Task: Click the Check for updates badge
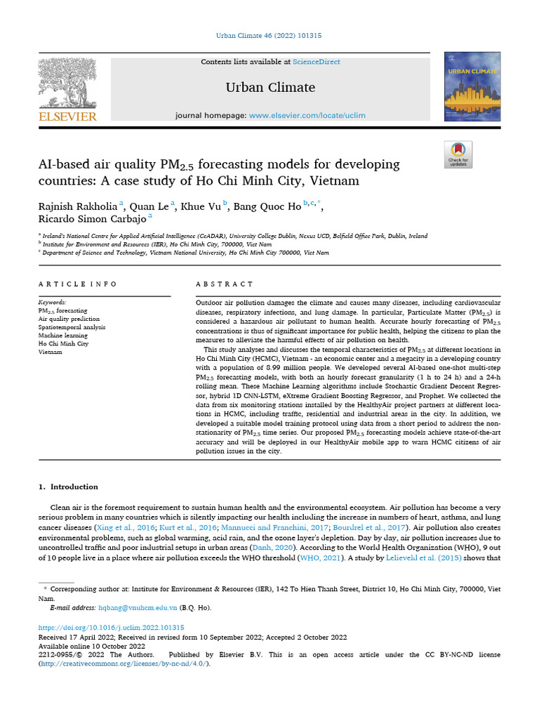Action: click(x=458, y=154)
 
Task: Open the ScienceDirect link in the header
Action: click(x=317, y=62)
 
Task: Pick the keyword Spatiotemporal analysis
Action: click(x=72, y=326)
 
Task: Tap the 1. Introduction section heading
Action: click(x=68, y=487)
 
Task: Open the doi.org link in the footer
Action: click(x=111, y=627)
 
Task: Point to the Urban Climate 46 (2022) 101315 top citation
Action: click(x=269, y=35)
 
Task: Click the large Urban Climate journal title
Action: click(x=269, y=88)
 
